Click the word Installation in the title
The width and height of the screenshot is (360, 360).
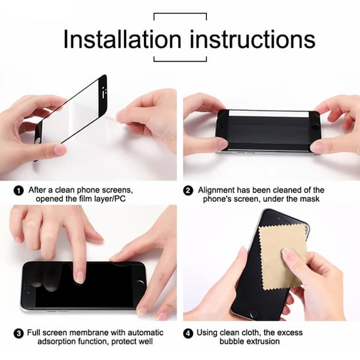click(122, 39)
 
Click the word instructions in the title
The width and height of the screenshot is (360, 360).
click(253, 39)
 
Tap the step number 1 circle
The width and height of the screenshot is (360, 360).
click(19, 191)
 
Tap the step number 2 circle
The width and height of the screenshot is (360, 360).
click(188, 191)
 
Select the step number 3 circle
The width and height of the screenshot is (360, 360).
click(19, 334)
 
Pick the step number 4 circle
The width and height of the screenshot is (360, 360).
click(188, 334)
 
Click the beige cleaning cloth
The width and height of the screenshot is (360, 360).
click(283, 257)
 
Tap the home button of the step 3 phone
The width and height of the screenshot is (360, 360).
click(140, 284)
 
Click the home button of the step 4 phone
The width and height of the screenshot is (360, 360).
click(254, 314)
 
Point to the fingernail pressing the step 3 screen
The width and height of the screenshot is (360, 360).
click(80, 277)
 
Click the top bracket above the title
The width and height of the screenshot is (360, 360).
click(180, 14)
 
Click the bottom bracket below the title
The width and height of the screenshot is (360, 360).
click(180, 61)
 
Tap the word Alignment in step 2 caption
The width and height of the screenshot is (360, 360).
click(216, 190)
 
